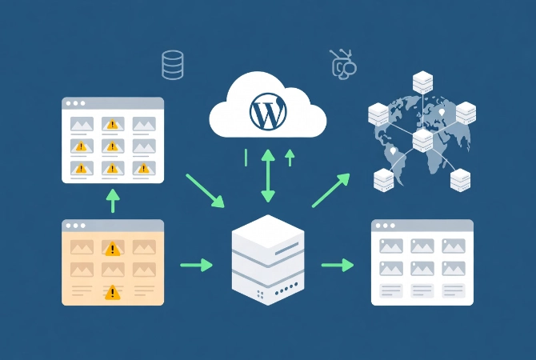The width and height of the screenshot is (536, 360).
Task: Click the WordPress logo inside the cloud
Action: [x=267, y=113]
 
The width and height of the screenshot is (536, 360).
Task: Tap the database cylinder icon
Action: [x=172, y=65]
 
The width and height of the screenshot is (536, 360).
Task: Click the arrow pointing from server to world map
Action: [x=330, y=190]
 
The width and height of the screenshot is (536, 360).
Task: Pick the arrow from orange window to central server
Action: [x=197, y=264]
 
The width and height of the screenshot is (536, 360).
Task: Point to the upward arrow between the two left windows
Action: [x=113, y=201]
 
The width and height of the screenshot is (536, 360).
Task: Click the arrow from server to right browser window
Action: [x=338, y=264]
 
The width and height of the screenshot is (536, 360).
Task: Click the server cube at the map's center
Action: [x=422, y=141]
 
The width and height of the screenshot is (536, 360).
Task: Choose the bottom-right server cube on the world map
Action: [x=461, y=180]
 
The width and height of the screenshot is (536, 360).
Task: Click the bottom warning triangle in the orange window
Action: [x=113, y=293]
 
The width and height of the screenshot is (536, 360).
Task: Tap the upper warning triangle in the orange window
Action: [x=113, y=249]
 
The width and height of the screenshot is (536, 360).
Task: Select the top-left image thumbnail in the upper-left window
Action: [x=82, y=124]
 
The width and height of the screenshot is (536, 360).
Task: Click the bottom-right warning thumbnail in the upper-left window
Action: [x=143, y=167]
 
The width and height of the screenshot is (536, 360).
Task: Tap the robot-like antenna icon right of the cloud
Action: [x=342, y=66]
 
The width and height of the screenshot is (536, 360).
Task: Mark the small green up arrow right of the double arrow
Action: [x=290, y=158]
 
